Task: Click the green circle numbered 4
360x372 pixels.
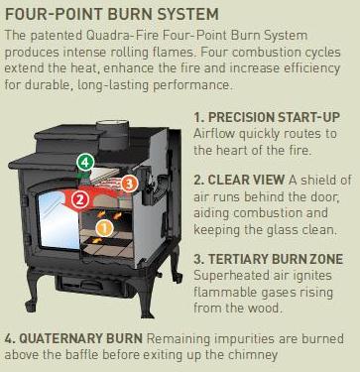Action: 85,163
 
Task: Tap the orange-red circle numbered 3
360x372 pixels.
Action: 129,184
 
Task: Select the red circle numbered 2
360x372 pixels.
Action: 80,199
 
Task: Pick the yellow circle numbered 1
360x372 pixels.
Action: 104,228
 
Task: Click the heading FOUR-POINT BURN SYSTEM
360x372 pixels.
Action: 112,15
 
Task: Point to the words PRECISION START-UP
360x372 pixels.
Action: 275,117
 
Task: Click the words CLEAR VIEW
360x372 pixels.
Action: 246,180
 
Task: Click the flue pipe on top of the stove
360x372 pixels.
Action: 112,135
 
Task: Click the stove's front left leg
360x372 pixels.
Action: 33,290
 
